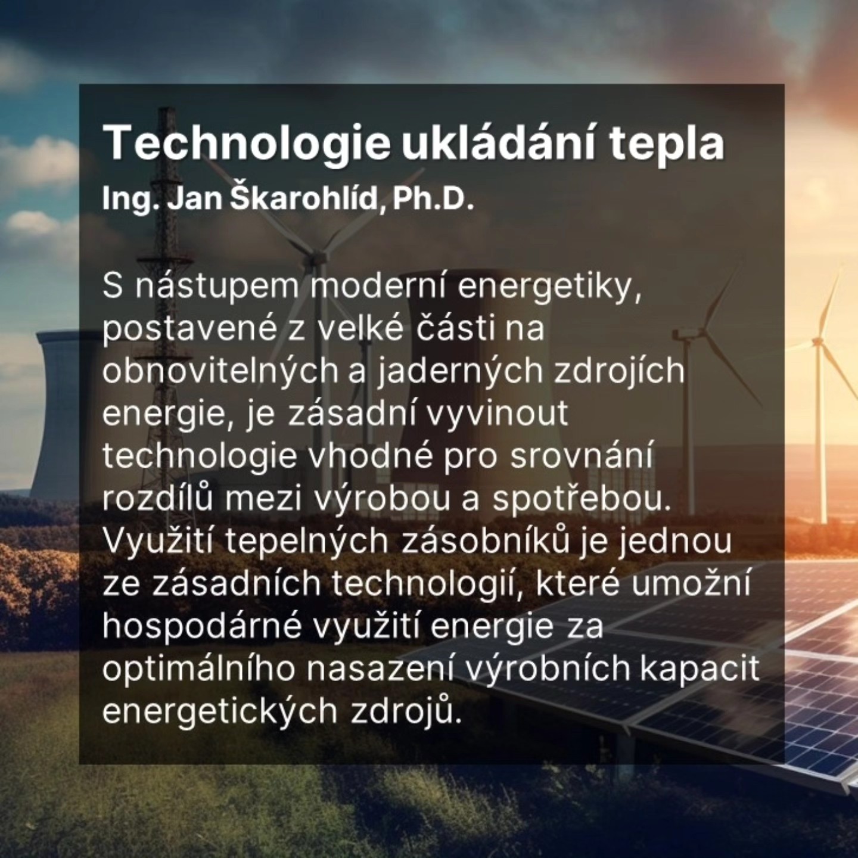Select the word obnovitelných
pyautogui.click(x=220, y=372)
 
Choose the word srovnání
pyautogui.click(x=582, y=457)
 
